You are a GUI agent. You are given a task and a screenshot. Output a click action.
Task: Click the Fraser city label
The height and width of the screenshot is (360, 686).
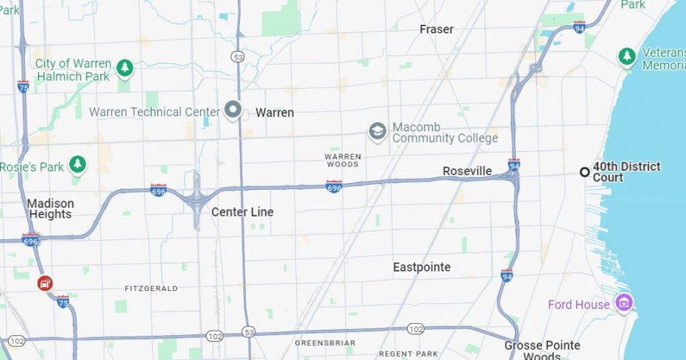tap(436, 29)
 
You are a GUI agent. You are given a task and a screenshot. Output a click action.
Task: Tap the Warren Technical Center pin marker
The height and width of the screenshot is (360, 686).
tap(232, 109)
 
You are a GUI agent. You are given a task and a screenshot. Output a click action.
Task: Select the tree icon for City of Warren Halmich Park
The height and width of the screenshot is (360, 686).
tap(125, 68)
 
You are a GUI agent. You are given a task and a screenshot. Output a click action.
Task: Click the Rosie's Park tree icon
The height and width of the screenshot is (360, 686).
tap(78, 164)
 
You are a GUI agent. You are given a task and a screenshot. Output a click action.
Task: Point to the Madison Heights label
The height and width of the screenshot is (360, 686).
tap(50, 208)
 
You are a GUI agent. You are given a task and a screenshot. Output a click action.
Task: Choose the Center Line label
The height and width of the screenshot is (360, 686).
tap(242, 212)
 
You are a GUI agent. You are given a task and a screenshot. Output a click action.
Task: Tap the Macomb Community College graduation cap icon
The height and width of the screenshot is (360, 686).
tap(377, 131)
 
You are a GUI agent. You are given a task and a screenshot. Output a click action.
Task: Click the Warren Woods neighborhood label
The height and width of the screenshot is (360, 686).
tap(343, 160)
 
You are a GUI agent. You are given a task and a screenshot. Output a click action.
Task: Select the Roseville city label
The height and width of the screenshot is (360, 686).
tap(467, 172)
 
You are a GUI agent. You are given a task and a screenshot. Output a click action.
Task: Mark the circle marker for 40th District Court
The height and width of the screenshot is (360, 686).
tap(584, 172)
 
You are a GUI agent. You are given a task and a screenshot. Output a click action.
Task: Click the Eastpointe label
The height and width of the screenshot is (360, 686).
tap(421, 267)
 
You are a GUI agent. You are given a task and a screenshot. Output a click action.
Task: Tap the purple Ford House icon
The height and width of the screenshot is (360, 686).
tap(624, 304)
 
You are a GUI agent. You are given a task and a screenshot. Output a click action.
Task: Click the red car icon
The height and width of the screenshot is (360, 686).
tap(45, 283)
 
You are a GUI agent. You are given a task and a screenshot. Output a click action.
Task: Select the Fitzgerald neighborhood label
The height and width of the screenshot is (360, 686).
tap(151, 288)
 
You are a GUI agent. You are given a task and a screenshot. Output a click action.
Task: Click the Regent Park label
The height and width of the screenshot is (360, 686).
tap(408, 353)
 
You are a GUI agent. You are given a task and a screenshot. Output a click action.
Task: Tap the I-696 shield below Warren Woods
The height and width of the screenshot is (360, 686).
tap(334, 186)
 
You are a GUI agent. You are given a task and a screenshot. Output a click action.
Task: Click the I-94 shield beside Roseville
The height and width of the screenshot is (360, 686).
tap(514, 165)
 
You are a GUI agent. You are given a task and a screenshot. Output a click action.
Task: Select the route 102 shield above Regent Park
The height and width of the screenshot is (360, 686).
tap(415, 328)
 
